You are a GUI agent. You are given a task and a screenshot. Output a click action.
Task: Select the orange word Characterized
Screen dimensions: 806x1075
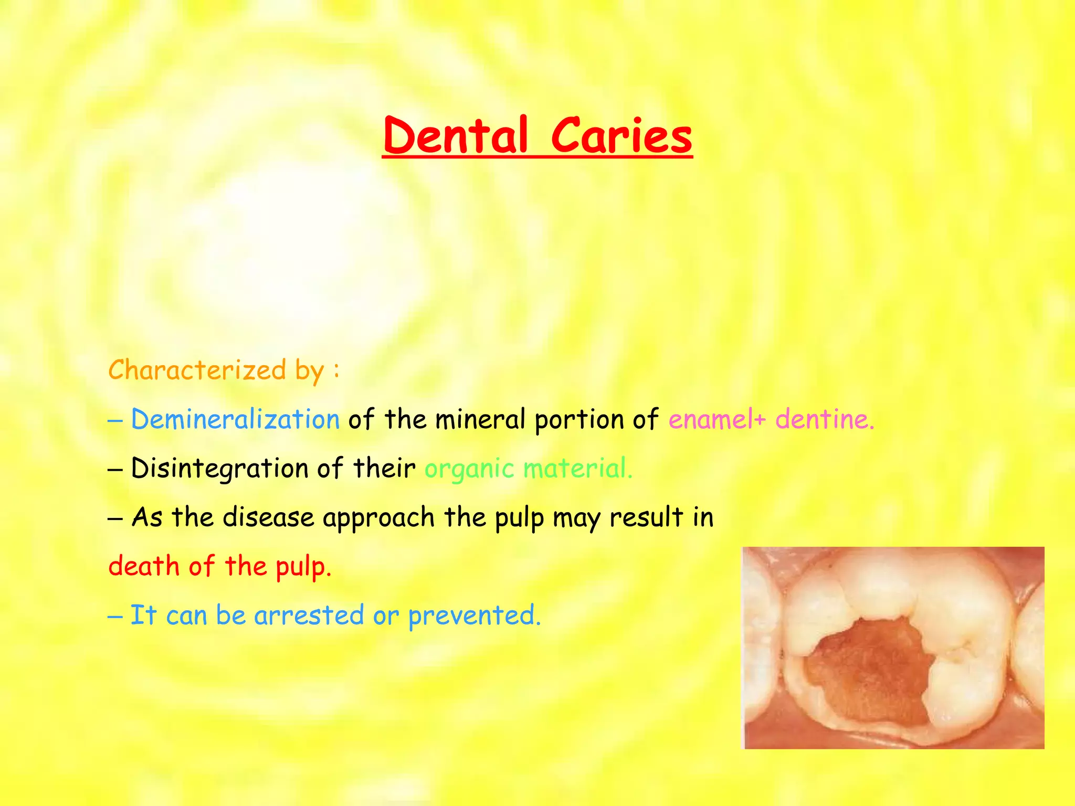pos(197,370)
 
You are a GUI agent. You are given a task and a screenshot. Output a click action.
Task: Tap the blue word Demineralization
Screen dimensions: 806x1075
pos(235,419)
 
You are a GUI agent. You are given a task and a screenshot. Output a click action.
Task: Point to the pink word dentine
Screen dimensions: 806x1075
pos(824,419)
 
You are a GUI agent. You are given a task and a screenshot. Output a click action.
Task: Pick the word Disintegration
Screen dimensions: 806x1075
pos(219,468)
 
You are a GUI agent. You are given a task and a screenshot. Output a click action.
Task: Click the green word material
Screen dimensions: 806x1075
pos(577,468)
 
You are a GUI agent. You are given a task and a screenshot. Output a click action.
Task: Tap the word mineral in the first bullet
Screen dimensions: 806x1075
pos(480,419)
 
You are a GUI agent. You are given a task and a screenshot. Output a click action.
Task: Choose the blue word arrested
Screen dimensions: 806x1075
pos(309,615)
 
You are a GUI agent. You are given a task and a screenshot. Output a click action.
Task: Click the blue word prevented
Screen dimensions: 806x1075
pos(474,616)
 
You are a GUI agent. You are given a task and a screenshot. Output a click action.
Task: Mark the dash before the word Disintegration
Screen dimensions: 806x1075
pos(115,469)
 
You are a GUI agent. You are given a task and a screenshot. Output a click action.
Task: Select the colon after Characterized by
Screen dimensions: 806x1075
pos(336,370)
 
